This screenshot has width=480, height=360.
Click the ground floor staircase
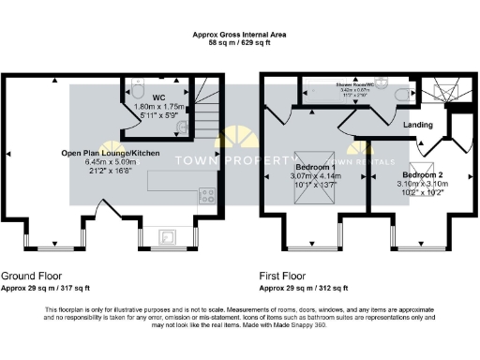(x=207, y=122)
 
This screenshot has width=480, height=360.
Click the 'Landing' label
(x=417, y=124)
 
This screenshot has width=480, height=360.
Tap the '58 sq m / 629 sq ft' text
(x=240, y=44)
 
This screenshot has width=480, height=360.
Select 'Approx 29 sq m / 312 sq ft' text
(x=304, y=288)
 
